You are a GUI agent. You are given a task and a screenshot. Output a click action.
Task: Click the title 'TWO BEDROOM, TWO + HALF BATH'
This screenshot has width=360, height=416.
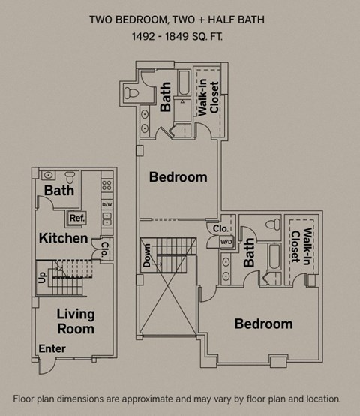point(178,18)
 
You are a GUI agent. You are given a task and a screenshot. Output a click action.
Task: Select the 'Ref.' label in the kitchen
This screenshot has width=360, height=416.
point(76,219)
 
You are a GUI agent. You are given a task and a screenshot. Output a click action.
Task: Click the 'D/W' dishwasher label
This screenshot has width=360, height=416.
point(106,204)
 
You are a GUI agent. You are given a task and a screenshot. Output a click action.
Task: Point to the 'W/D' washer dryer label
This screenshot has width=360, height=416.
point(226,242)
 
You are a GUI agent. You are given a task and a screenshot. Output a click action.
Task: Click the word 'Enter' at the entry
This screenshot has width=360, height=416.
point(52,348)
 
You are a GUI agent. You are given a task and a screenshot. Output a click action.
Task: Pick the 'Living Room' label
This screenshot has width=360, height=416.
point(76,322)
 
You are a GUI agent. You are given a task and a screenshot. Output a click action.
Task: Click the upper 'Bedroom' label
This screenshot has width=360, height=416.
point(178,177)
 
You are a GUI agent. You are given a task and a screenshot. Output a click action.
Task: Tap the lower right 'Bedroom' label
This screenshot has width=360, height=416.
point(263,324)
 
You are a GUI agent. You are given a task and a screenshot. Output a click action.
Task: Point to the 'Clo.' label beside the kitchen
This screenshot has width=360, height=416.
point(106,247)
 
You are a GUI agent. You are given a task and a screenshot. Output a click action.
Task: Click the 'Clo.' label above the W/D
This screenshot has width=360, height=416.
point(220,228)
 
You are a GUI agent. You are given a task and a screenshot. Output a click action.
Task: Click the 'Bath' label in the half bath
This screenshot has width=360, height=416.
point(59,191)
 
